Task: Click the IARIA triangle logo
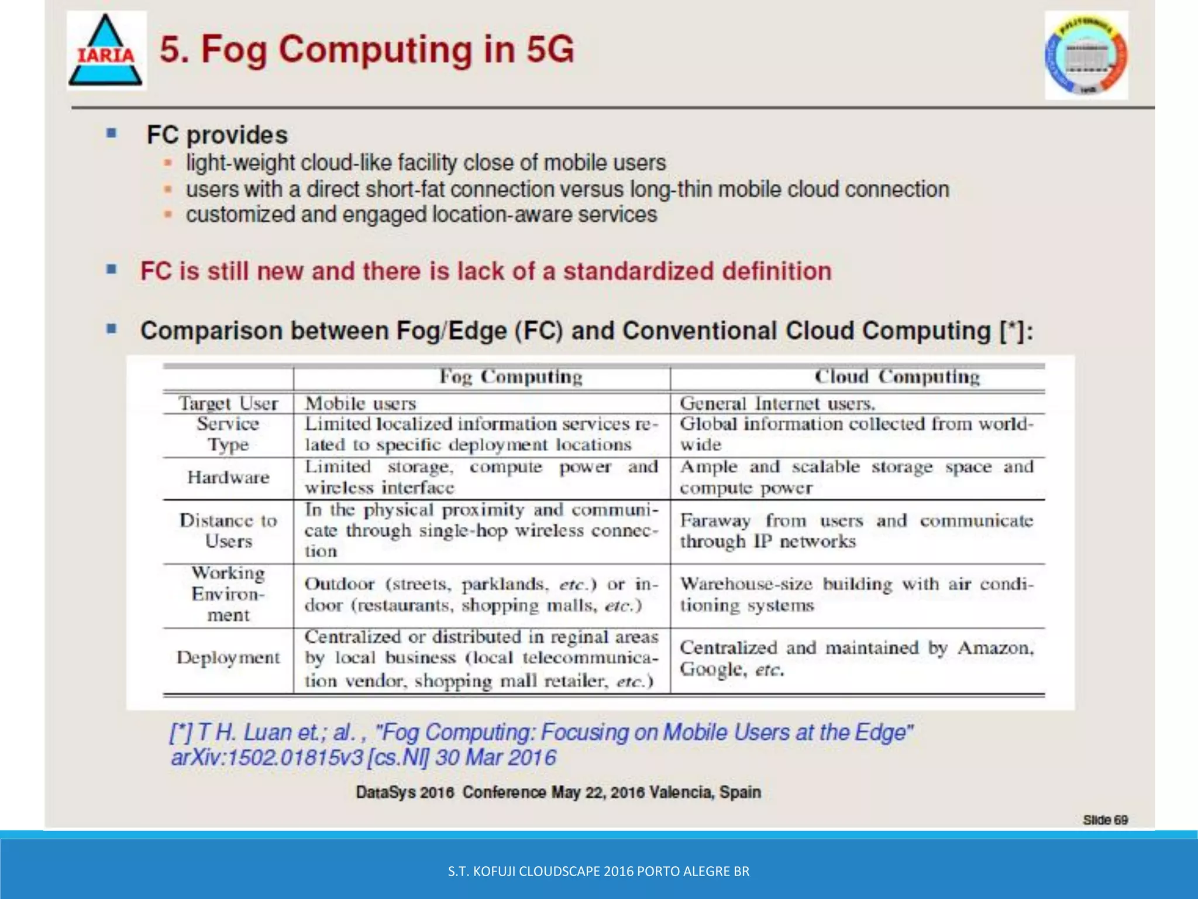(106, 52)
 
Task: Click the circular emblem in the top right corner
(1086, 56)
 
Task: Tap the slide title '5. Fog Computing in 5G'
(367, 49)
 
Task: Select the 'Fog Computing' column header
(511, 377)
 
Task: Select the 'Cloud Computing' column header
(897, 377)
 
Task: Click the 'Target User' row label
(228, 403)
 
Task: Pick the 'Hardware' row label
(228, 478)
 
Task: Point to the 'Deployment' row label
(228, 658)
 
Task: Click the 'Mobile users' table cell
(360, 403)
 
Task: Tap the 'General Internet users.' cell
(777, 403)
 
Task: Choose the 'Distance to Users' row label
(228, 530)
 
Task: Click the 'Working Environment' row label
(228, 594)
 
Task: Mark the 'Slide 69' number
(1105, 819)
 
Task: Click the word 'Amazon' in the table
(995, 648)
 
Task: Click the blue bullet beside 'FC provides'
(111, 133)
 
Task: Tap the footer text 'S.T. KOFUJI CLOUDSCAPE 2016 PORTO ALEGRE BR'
(598, 871)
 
